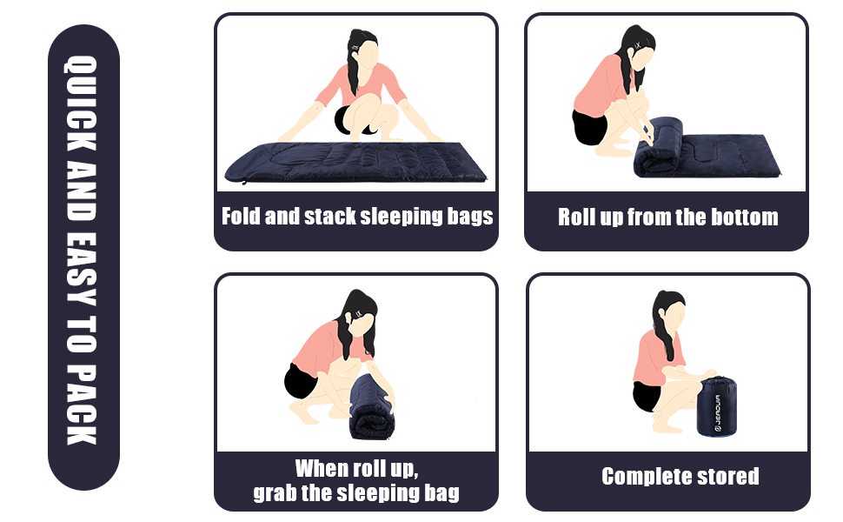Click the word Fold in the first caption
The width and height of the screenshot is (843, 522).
(x=241, y=216)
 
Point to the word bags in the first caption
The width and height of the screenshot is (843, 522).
(x=470, y=217)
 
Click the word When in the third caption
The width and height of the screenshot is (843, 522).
(x=322, y=468)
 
